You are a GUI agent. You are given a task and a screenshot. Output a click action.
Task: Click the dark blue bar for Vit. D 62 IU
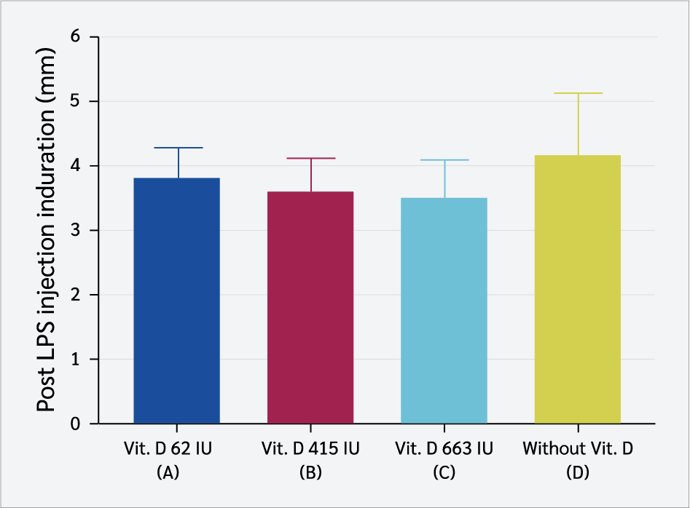coord(177,300)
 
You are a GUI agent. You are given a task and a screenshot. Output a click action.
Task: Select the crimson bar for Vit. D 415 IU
coord(310,306)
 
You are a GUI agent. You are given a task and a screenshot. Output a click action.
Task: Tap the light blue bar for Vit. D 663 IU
coord(444,310)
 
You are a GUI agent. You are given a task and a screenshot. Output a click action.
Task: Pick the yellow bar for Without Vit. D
coord(578,289)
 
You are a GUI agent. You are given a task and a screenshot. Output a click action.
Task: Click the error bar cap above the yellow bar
coord(578,93)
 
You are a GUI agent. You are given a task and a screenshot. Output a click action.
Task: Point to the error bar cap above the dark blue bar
coord(177,148)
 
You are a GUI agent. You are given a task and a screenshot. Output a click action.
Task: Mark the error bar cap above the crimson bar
coord(310,158)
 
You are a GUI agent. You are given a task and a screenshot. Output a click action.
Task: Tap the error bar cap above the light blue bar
coord(444,159)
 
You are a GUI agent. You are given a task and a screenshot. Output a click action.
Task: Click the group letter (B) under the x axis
coord(310,472)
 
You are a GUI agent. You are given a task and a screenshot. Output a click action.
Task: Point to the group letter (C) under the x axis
coord(444,472)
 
